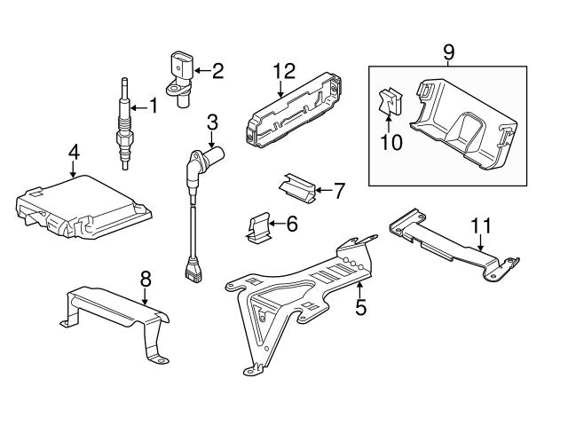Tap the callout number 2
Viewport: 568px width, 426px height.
pyautogui.click(x=217, y=68)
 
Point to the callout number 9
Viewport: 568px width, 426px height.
pyautogui.click(x=449, y=51)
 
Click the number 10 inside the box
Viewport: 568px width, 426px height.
pyautogui.click(x=391, y=141)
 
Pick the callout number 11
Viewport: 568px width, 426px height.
pyautogui.click(x=480, y=225)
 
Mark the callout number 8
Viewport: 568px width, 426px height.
pyautogui.click(x=146, y=280)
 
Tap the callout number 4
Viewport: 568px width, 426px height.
pyautogui.click(x=73, y=154)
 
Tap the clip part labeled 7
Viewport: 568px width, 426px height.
pyautogui.click(x=297, y=184)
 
